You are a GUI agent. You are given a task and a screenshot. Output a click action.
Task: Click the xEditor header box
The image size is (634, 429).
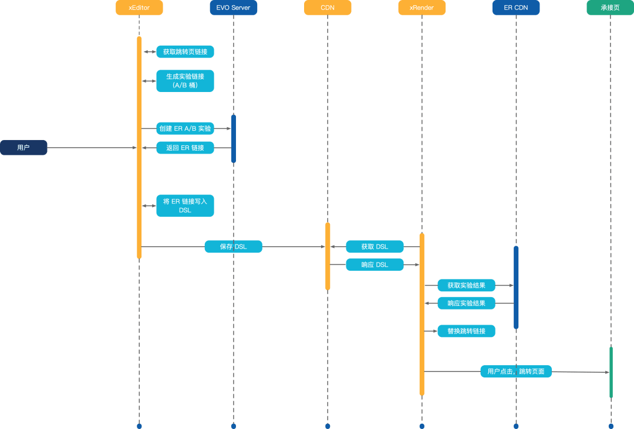pyautogui.click(x=139, y=8)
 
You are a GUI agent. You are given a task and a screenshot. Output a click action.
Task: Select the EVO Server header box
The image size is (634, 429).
pyautogui.click(x=233, y=8)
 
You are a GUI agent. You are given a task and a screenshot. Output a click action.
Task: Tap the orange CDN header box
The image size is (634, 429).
pyautogui.click(x=328, y=8)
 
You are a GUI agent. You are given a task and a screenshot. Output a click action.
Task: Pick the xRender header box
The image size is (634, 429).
pyautogui.click(x=421, y=8)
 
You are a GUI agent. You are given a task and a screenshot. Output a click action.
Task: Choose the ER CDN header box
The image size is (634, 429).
pyautogui.click(x=516, y=8)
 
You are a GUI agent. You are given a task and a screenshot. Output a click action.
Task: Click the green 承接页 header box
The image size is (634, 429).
pyautogui.click(x=610, y=8)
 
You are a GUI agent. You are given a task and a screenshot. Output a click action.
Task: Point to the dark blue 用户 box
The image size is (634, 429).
pyautogui.click(x=23, y=148)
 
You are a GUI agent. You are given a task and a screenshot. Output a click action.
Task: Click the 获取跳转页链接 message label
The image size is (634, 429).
pyautogui.click(x=185, y=52)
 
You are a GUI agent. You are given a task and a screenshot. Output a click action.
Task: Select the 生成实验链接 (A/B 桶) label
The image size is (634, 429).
pyautogui.click(x=185, y=81)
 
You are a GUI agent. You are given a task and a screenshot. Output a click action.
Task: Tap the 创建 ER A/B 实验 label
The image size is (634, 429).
pyautogui.click(x=185, y=128)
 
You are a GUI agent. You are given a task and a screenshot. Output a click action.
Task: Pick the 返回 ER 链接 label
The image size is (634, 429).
pyautogui.click(x=185, y=148)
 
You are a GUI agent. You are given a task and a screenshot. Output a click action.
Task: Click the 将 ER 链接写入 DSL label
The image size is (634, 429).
pyautogui.click(x=185, y=206)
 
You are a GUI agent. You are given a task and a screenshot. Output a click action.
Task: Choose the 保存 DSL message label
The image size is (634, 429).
pyautogui.click(x=233, y=247)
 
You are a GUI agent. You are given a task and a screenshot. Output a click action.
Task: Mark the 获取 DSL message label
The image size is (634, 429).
pyautogui.click(x=375, y=247)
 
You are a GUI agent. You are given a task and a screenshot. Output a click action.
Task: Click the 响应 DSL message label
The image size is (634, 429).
pyautogui.click(x=375, y=265)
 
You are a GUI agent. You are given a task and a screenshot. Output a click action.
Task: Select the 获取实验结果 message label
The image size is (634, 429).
pyautogui.click(x=466, y=285)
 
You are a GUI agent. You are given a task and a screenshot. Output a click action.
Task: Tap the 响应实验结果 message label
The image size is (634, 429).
pyautogui.click(x=466, y=303)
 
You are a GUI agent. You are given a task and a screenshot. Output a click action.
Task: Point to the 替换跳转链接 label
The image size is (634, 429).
pyautogui.click(x=466, y=331)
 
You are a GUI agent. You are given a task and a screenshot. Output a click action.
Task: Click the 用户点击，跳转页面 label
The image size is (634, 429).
pyautogui.click(x=516, y=372)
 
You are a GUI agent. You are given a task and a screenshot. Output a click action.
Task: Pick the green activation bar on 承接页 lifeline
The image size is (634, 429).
pyautogui.click(x=611, y=372)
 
